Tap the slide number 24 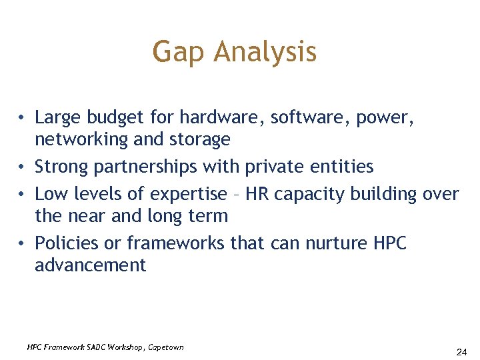(461, 351)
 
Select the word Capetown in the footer (166, 347)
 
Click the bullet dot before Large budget (22, 118)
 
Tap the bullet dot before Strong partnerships (22, 165)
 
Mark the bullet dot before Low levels (22, 194)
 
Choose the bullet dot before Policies (22, 243)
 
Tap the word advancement (90, 265)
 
